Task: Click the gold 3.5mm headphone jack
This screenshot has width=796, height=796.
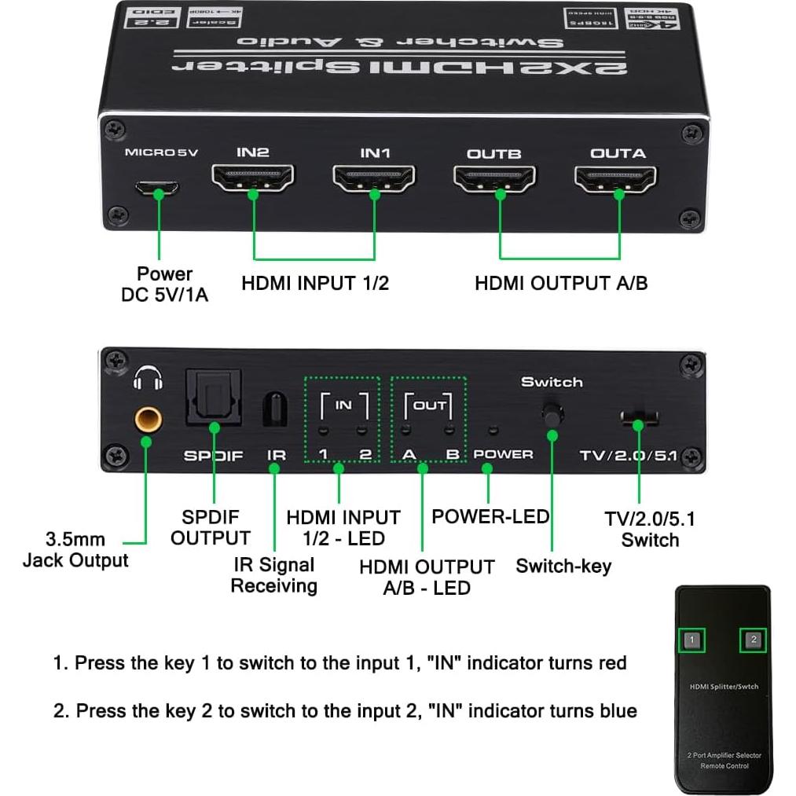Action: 147,418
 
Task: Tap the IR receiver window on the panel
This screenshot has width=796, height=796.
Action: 273,409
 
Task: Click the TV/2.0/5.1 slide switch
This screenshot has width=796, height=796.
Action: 639,417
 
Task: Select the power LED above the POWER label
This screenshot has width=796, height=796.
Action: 493,430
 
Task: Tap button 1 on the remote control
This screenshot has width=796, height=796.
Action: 691,640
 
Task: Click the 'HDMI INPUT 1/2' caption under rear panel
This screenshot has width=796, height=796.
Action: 315,284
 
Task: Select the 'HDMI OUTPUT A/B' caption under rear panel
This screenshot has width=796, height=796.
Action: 561,284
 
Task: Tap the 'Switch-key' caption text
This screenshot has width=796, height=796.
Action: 563,566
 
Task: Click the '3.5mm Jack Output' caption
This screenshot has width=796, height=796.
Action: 75,550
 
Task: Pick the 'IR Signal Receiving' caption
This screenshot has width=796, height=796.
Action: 273,575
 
